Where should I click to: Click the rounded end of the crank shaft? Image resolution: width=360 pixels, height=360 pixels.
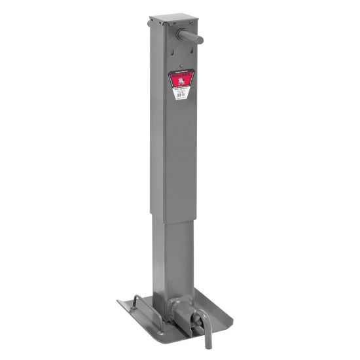[199, 39]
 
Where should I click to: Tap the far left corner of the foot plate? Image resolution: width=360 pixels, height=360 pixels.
[118, 302]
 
